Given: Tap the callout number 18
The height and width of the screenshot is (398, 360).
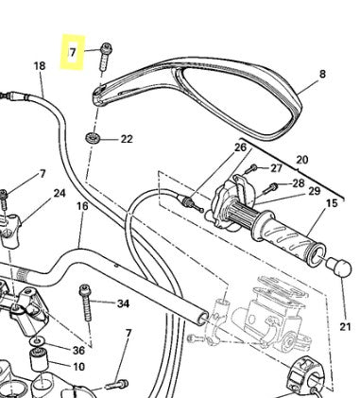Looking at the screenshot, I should click(39, 66).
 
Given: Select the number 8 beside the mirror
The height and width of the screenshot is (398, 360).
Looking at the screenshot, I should click(322, 73).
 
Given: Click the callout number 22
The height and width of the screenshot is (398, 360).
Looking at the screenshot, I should click(127, 139).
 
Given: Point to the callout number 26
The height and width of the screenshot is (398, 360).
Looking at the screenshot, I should click(240, 147).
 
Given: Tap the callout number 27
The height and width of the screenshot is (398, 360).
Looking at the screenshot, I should click(276, 167).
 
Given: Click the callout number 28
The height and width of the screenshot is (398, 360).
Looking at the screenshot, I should click(298, 182).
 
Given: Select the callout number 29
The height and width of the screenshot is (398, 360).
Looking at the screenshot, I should click(314, 192).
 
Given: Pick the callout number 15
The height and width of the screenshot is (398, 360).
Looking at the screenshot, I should click(332, 202).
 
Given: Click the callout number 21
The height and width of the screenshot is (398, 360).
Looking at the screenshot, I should click(344, 327).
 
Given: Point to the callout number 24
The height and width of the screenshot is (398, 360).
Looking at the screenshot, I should click(60, 193).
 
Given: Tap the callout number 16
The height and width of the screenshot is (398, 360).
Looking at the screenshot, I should click(82, 206).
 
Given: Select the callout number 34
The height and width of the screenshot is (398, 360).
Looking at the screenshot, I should click(122, 303).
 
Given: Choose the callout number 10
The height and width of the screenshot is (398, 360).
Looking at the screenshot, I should click(77, 366).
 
